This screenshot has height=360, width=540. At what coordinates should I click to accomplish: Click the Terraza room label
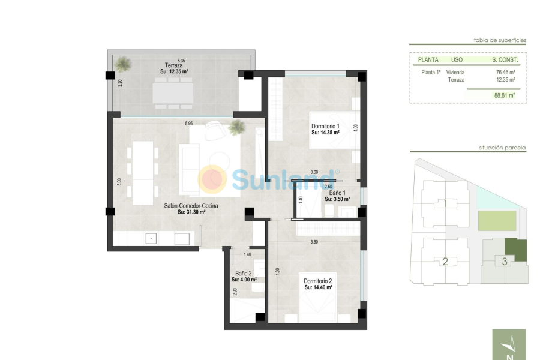coord(173,65)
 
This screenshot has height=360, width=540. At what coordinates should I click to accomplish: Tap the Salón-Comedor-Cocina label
coord(191,206)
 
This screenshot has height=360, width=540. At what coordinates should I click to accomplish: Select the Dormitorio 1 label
coord(326,126)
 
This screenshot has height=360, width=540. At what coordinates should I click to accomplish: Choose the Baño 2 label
coord(243,273)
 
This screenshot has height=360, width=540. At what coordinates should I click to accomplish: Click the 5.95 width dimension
coord(189,124)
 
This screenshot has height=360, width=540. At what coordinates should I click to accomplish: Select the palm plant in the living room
coord(237,127)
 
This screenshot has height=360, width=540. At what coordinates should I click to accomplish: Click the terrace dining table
coord(173,93)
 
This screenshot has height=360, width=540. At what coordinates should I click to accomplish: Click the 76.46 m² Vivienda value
coord(506,72)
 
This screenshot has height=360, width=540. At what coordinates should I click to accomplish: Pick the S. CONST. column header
coord(505,60)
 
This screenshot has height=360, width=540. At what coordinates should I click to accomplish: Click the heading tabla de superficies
coord(500,40)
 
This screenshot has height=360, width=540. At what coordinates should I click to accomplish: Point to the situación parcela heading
coord(502,147)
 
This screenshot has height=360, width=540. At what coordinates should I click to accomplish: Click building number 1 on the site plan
coord(445,203)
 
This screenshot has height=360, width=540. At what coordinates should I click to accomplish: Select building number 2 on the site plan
coord(445,261)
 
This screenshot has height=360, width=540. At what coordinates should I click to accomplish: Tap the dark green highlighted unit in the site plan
coord(515,250)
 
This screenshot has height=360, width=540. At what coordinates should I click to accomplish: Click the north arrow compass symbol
coord(509,345)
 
